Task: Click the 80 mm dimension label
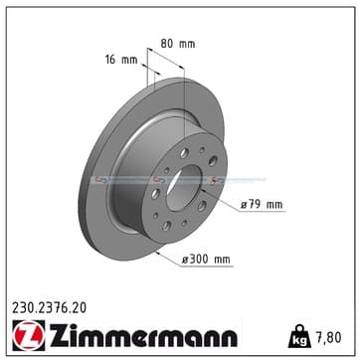tap(178, 44)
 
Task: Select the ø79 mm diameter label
tap(262, 205)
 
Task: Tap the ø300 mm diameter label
tap(206, 260)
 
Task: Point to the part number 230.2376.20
tap(49, 308)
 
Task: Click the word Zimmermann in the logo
tap(143, 335)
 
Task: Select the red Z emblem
tap(29, 335)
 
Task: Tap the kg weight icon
tap(299, 336)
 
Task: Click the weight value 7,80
tap(327, 338)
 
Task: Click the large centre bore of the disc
tap(184, 188)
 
